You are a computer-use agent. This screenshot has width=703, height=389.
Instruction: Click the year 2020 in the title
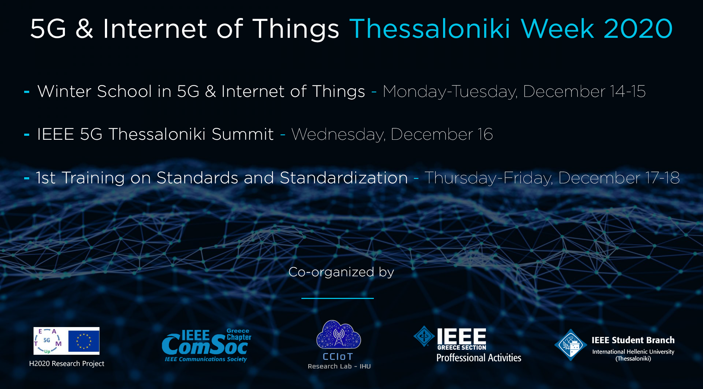638,29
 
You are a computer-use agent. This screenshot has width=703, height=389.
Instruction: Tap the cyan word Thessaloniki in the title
430,29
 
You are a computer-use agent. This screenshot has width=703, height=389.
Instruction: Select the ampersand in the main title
84,29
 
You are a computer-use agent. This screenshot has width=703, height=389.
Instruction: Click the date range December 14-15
584,91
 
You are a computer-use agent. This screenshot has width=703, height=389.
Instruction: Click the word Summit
243,134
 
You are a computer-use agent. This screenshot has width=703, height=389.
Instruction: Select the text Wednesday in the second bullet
338,135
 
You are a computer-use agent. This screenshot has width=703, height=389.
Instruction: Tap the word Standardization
344,178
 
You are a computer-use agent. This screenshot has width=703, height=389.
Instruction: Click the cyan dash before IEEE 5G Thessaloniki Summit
27,135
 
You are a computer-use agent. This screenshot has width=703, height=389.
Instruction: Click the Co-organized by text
341,272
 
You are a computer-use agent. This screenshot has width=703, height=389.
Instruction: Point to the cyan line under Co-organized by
337,298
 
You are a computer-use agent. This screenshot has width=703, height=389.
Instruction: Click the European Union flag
84,341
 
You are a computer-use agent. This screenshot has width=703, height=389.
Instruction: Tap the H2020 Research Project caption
67,364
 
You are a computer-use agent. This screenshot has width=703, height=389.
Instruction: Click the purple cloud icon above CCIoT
339,334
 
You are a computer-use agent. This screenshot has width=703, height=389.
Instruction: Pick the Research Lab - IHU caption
339,366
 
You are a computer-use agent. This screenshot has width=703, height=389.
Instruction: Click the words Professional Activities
479,358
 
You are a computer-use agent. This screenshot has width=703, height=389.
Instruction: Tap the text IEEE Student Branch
633,340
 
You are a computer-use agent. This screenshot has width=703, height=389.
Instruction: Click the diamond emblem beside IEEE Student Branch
571,345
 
